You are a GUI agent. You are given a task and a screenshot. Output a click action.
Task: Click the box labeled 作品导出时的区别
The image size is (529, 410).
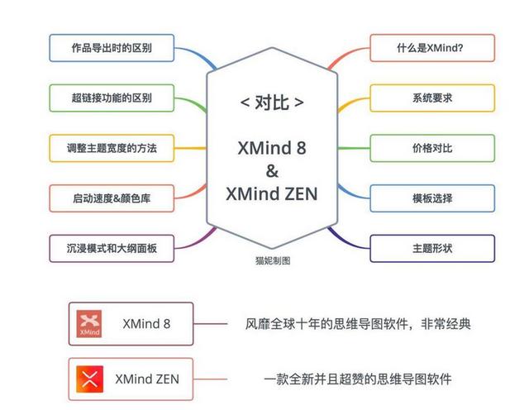(112, 48)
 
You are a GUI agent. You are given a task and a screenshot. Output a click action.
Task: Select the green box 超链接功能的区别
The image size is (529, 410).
(112, 98)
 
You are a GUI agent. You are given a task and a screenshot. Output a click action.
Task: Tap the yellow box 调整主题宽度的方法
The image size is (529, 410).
(112, 149)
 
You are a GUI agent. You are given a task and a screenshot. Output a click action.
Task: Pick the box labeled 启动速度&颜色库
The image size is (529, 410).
(112, 198)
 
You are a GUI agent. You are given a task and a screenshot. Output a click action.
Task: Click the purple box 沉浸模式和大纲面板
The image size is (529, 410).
(112, 248)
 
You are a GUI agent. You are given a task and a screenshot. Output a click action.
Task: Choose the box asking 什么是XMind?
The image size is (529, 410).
(431, 48)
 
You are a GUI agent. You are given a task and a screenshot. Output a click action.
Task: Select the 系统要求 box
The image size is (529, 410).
(431, 98)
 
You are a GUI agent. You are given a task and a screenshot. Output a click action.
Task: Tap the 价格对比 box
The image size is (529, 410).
(431, 149)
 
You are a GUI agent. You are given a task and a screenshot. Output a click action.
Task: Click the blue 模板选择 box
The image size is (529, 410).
(431, 198)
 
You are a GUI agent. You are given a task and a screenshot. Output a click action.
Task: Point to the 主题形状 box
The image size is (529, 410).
(431, 248)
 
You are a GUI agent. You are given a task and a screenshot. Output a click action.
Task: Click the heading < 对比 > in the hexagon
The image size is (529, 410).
(272, 103)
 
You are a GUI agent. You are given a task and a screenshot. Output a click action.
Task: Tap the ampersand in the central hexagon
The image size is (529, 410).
(272, 171)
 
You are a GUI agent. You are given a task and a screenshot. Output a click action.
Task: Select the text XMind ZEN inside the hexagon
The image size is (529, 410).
(272, 194)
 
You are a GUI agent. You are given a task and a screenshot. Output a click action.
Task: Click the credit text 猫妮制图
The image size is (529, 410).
(272, 260)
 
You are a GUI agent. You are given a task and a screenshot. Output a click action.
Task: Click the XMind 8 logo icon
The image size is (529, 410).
(89, 323)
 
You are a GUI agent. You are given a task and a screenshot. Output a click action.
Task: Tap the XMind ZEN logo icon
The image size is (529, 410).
(89, 379)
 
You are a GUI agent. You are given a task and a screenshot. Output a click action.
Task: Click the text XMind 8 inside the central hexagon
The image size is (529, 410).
(272, 149)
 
